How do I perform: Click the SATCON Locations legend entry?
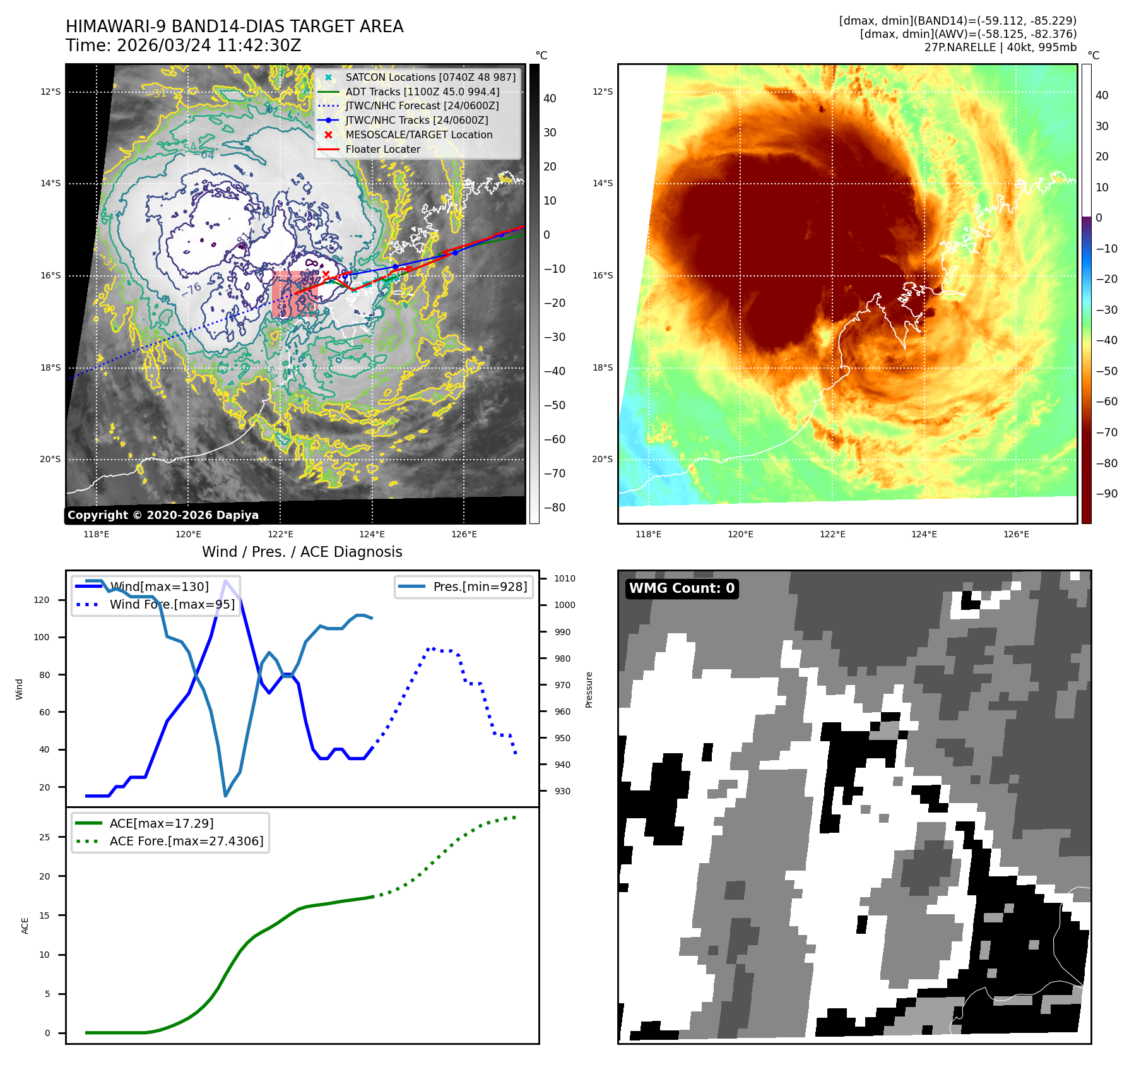[430, 77]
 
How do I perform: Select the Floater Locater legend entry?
[382, 149]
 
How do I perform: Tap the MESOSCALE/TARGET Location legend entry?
[418, 134]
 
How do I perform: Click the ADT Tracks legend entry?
[422, 92]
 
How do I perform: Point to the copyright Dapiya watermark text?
[163, 515]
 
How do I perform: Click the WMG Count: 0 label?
[682, 588]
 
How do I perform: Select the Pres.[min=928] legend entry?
[480, 587]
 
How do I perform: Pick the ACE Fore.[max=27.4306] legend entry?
[186, 841]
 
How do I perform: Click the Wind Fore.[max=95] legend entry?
[172, 604]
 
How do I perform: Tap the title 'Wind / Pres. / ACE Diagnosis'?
[302, 552]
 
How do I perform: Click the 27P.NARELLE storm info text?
[1000, 47]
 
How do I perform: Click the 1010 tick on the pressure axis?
[565, 578]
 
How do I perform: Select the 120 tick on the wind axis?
[42, 600]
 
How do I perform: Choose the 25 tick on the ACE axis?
[44, 837]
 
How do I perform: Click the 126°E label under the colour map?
[1016, 534]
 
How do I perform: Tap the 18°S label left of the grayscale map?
[50, 367]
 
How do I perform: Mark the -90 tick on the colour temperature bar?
[1106, 494]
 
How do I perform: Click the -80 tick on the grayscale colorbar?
[555, 508]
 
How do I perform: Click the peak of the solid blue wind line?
[225, 580]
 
